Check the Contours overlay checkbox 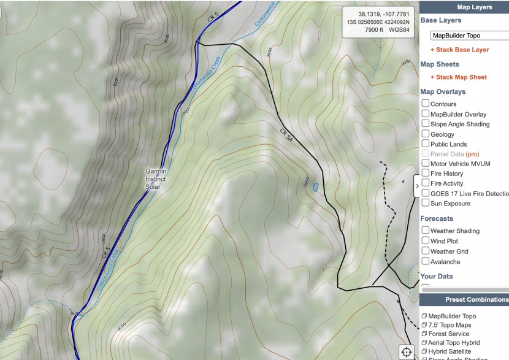(425, 104)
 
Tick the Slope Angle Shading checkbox (425, 124)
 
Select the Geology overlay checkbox (425, 134)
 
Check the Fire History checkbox (425, 174)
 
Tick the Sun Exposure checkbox (425, 203)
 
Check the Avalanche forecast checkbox (425, 261)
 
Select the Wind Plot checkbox (425, 241)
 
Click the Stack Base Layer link (459, 50)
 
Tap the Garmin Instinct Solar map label (156, 178)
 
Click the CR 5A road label (286, 136)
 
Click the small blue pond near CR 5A (315, 187)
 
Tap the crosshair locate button (406, 351)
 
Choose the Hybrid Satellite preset (450, 351)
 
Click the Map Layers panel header (474, 7)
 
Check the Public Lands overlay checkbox (425, 144)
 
